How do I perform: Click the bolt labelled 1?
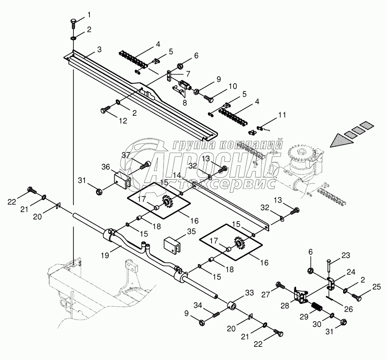click(x=73, y=23)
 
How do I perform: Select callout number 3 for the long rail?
click(x=99, y=50)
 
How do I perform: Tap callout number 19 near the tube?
click(x=105, y=255)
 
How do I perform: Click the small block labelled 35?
click(x=172, y=245)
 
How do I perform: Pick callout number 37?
click(x=126, y=155)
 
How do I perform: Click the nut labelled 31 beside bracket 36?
click(x=99, y=190)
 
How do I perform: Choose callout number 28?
click(x=285, y=306)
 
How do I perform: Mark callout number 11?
click(x=282, y=115)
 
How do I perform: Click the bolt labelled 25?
click(x=357, y=297)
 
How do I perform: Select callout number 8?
click(x=185, y=103)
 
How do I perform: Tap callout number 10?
click(x=233, y=86)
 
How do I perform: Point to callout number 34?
click(x=198, y=305)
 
